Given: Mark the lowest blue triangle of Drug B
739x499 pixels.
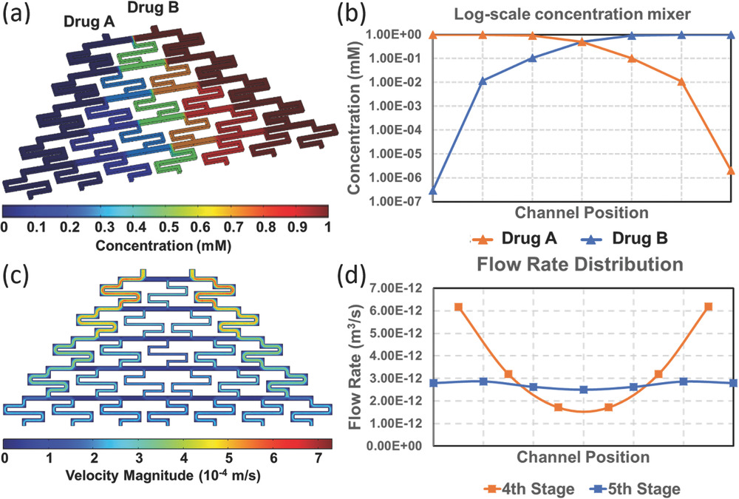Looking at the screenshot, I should pos(431,191).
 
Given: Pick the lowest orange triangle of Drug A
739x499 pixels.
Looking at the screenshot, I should pos(730,171).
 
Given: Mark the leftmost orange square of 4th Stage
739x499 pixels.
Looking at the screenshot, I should pos(458,307).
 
